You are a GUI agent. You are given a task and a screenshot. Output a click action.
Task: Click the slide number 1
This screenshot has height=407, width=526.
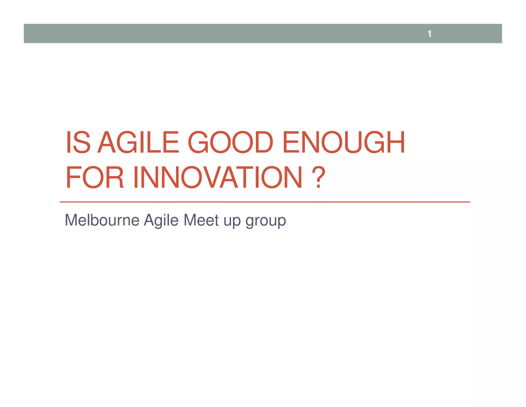tap(429, 34)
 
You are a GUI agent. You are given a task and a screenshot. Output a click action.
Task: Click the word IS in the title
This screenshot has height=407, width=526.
tap(78, 142)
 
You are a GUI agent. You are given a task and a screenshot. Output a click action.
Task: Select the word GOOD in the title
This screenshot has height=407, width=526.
tap(230, 142)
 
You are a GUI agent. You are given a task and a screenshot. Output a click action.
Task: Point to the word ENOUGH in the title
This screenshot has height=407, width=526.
tap(344, 142)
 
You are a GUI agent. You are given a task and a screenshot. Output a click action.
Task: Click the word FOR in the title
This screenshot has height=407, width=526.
tap(95, 177)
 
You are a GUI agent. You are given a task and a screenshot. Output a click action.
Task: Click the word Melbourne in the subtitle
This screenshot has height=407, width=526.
tap(102, 220)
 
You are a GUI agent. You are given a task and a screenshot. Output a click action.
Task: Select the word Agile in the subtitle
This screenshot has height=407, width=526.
tap(161, 220)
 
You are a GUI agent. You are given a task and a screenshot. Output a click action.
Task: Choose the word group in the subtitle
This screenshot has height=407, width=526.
tap(266, 221)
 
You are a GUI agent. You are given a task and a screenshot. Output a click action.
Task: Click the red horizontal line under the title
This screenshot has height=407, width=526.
tap(265, 202)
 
